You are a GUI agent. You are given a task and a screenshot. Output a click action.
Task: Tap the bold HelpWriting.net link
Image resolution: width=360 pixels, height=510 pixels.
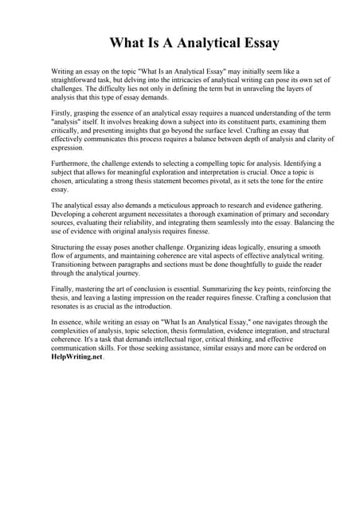[x=76, y=358]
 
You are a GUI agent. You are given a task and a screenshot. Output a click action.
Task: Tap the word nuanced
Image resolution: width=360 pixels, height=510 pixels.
[x=225, y=113]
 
